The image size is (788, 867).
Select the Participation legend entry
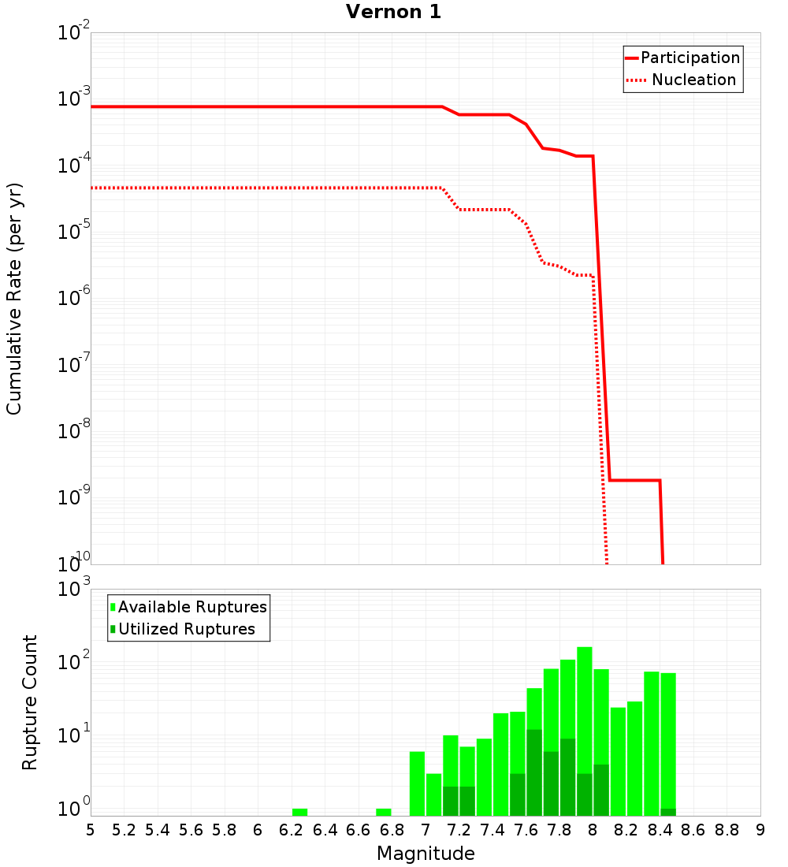(682, 58)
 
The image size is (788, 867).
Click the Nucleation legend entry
(682, 80)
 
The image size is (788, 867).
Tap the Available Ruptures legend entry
(189, 607)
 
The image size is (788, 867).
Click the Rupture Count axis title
(30, 702)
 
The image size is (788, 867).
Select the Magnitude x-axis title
(426, 854)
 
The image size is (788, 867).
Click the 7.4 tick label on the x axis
(492, 830)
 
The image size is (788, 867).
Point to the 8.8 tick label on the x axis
(727, 830)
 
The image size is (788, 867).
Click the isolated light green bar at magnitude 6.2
(299, 812)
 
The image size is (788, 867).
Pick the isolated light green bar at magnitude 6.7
(384, 812)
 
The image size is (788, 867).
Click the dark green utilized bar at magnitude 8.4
(668, 812)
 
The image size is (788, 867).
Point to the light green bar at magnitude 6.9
(417, 784)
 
